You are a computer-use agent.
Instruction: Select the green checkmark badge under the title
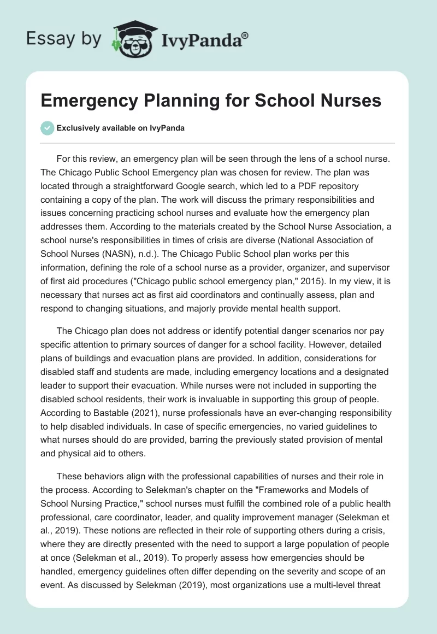click(48, 128)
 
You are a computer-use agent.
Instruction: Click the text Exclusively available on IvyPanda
click(121, 128)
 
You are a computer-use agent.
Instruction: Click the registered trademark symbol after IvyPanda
click(245, 35)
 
